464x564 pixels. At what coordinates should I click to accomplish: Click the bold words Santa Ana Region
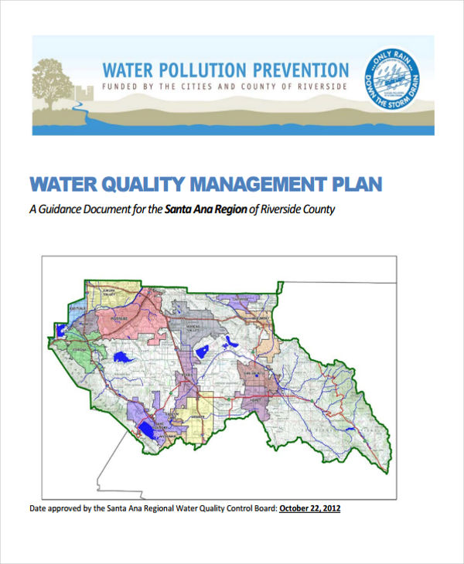(206, 209)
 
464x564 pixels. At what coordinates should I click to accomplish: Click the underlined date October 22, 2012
(309, 508)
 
